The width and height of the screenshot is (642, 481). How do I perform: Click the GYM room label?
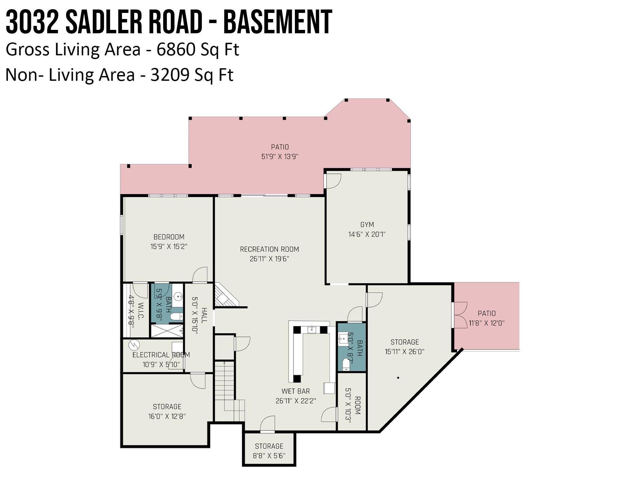(367, 225)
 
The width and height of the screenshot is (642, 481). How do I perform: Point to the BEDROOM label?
(169, 237)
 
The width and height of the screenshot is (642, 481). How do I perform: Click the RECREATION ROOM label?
(269, 249)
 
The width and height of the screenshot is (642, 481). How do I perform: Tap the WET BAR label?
(296, 391)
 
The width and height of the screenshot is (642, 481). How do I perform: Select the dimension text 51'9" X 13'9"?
(280, 157)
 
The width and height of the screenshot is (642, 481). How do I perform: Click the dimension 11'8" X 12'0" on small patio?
(486, 323)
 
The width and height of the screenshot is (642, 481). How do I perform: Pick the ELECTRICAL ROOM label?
(161, 355)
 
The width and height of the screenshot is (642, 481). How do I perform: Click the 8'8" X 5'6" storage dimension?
(269, 456)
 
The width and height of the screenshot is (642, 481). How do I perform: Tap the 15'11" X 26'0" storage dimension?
(404, 352)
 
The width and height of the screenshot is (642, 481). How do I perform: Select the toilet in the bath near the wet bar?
(346, 364)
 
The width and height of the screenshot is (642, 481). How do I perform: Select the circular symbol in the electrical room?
(134, 345)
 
